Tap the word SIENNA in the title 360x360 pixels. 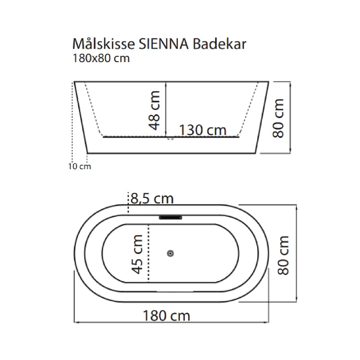pyautogui.click(x=163, y=44)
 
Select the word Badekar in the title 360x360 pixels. pyautogui.click(x=219, y=44)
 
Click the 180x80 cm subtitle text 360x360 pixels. pyautogui.click(x=101, y=58)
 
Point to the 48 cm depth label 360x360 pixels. pyautogui.click(x=154, y=110)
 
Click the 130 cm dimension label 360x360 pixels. pyautogui.click(x=203, y=130)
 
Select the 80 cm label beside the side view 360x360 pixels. pyautogui.click(x=278, y=118)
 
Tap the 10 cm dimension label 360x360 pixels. pyautogui.click(x=80, y=166)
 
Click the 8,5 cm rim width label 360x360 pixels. pyautogui.click(x=152, y=198)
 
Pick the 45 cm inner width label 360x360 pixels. pyautogui.click(x=137, y=254)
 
